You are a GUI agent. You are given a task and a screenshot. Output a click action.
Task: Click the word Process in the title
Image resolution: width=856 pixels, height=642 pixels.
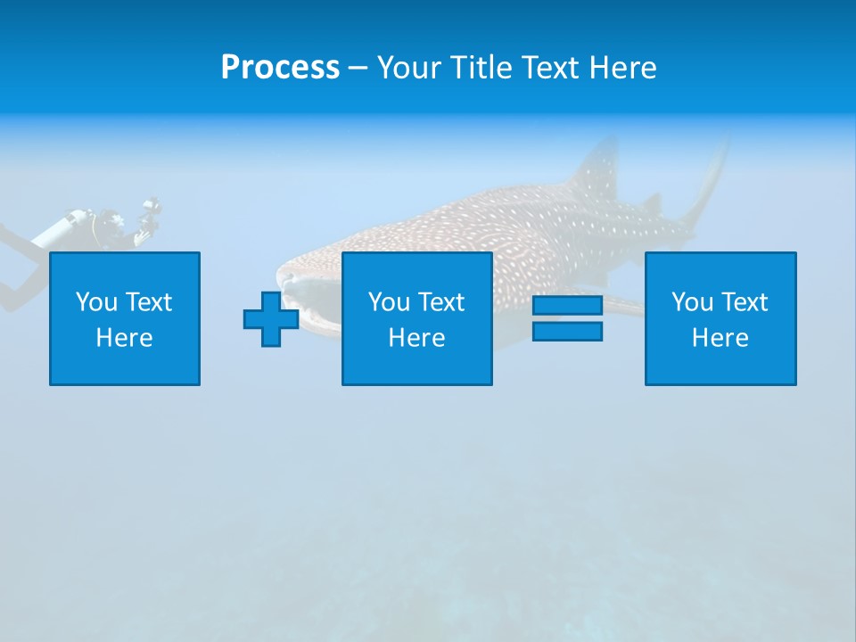click(x=280, y=68)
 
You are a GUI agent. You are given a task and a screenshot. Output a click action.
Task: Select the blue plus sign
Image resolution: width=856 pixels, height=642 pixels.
click(x=271, y=318)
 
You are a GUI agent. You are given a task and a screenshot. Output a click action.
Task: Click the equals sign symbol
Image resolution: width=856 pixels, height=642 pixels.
click(x=567, y=318)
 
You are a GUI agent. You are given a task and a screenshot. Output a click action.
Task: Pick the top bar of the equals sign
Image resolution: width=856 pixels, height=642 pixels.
click(x=567, y=306)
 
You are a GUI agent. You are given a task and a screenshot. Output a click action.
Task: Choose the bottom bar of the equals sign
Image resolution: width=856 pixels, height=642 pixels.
click(x=567, y=331)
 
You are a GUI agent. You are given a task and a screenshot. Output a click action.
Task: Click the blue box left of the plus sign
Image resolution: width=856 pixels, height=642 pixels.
click(x=125, y=318)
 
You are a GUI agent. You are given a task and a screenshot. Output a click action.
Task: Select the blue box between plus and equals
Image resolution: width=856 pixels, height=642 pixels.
click(x=416, y=318)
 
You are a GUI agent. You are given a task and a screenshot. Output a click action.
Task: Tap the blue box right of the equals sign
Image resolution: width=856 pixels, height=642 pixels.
click(x=720, y=318)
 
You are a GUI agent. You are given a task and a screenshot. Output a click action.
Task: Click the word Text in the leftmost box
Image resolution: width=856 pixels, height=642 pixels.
click(x=148, y=302)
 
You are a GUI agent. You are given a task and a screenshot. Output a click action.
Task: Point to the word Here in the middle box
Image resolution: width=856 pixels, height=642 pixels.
click(x=416, y=338)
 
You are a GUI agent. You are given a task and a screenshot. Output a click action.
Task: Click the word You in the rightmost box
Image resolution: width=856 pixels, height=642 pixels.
click(x=692, y=302)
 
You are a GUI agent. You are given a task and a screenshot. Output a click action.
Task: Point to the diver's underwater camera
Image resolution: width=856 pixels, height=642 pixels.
click(x=149, y=212)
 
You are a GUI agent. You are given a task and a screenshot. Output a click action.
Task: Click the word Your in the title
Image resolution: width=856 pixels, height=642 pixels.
click(x=403, y=68)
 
